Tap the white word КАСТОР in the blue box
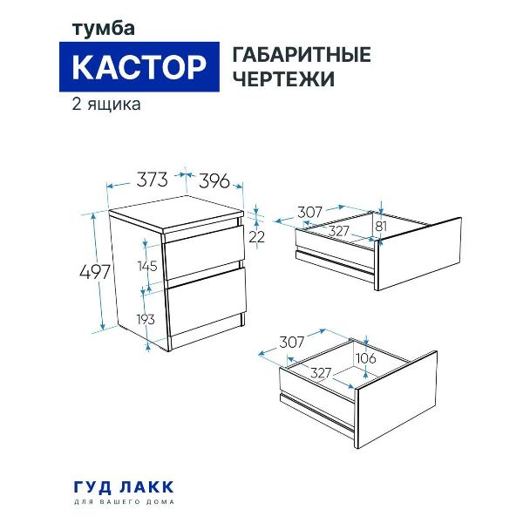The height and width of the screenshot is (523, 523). tap(139, 66)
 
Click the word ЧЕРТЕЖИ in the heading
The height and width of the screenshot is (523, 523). tap(283, 78)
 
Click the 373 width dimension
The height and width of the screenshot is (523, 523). tap(152, 181)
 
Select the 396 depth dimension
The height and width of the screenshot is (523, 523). tap(214, 181)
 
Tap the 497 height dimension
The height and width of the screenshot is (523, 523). tap(94, 272)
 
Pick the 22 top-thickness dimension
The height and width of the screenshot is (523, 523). tap(256, 236)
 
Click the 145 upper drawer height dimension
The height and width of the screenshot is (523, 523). tap(146, 265)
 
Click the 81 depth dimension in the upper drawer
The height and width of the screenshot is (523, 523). tap(380, 228)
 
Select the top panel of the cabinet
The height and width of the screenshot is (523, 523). tap(174, 218)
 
